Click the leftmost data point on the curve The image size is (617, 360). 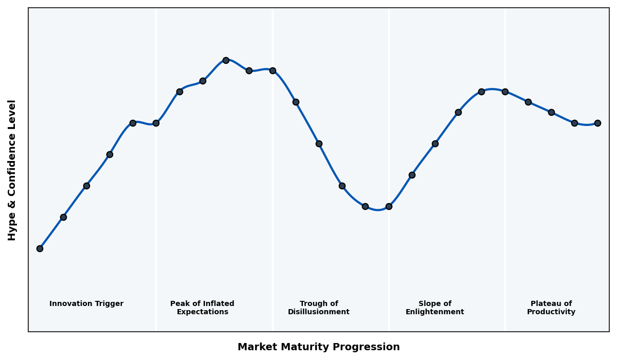click(x=40, y=248)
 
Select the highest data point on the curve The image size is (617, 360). click(x=226, y=60)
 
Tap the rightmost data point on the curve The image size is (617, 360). click(x=597, y=123)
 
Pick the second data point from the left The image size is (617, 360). click(x=63, y=217)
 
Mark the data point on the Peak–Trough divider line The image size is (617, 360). click(x=273, y=70)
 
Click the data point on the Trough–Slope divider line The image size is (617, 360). click(x=389, y=206)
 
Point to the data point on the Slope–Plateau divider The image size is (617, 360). click(x=505, y=92)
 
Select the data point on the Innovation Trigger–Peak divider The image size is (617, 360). click(x=156, y=123)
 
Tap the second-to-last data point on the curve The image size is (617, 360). click(x=574, y=123)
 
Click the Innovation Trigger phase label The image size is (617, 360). click(x=86, y=304)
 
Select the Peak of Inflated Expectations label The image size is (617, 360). click(x=202, y=308)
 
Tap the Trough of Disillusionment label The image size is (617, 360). click(x=319, y=308)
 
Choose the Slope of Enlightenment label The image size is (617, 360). click(x=435, y=308)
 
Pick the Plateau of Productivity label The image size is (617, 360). click(x=551, y=308)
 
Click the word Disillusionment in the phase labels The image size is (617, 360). click(x=319, y=312)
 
